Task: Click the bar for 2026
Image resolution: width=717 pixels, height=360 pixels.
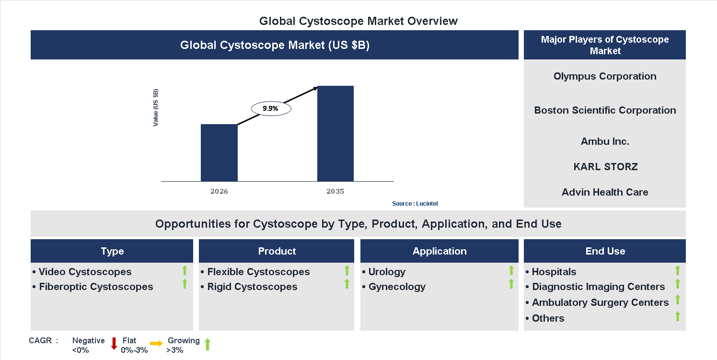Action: (x=219, y=152)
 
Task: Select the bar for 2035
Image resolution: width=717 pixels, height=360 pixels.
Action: (x=335, y=133)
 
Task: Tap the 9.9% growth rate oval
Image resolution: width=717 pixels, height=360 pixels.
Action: (x=271, y=109)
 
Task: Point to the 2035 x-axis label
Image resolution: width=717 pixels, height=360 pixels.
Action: (x=335, y=191)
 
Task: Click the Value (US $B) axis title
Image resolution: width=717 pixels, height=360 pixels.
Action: (x=156, y=108)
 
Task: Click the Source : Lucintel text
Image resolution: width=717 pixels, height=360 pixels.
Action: (x=415, y=204)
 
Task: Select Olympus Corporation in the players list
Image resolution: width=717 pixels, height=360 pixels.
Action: (x=605, y=76)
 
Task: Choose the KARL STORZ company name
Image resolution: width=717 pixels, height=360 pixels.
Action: (x=605, y=167)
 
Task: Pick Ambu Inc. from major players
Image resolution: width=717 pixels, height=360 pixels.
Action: (x=605, y=141)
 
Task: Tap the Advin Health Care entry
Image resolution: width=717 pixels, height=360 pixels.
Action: (x=605, y=192)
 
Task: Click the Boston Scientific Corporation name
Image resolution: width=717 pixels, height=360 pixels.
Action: (x=605, y=110)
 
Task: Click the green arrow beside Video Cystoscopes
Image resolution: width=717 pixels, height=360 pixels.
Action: (x=185, y=270)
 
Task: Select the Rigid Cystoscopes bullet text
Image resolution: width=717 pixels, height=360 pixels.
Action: (x=252, y=287)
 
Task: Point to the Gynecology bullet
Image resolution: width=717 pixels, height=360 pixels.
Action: (x=397, y=287)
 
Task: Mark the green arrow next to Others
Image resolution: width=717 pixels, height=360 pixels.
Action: (x=678, y=316)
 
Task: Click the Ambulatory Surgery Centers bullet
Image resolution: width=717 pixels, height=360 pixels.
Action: (x=600, y=302)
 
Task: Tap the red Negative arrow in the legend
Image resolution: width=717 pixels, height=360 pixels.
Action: (x=114, y=343)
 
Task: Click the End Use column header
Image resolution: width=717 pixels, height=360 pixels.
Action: (x=605, y=251)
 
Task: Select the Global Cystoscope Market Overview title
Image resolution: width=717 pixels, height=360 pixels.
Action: (x=358, y=21)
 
